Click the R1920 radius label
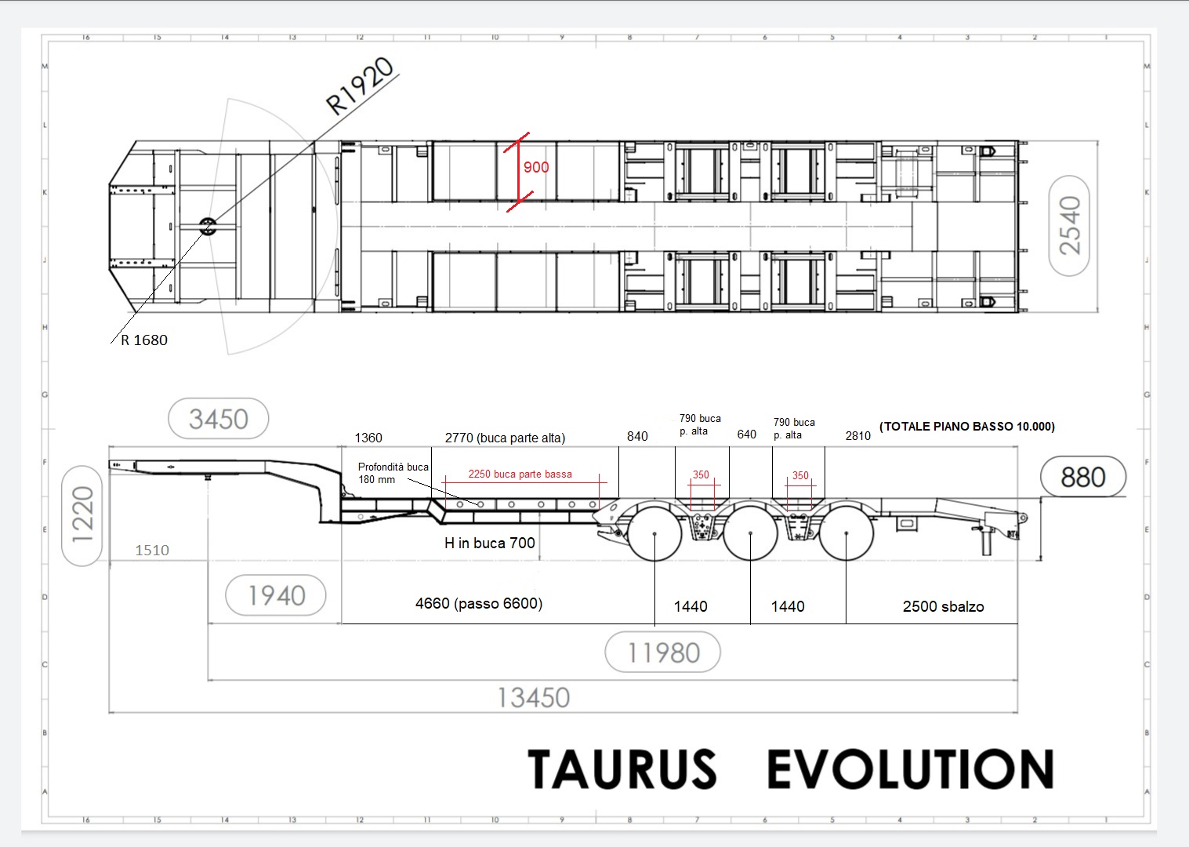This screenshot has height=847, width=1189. click(x=360, y=86)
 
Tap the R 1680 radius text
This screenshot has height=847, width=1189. click(x=144, y=340)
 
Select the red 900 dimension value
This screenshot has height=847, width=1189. click(x=536, y=167)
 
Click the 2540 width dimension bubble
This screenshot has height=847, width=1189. click(x=1069, y=226)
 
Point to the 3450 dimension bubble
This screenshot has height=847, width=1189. click(x=218, y=419)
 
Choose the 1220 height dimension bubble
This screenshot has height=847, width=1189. click(x=82, y=515)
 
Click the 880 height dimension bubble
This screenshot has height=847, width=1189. click(x=1083, y=476)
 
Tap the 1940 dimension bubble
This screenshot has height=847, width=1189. click(x=276, y=595)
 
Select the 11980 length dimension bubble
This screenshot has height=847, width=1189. click(x=663, y=652)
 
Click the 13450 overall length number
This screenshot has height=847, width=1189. click(x=534, y=698)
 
